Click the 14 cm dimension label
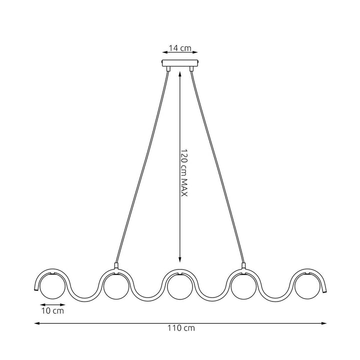point(180,48)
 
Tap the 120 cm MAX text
point(183,172)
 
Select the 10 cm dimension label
point(52,311)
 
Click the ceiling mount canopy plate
point(180,63)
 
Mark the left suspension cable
point(142,165)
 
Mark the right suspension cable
point(217,165)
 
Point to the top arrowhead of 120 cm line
point(179,73)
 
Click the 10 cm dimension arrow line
point(52,304)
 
